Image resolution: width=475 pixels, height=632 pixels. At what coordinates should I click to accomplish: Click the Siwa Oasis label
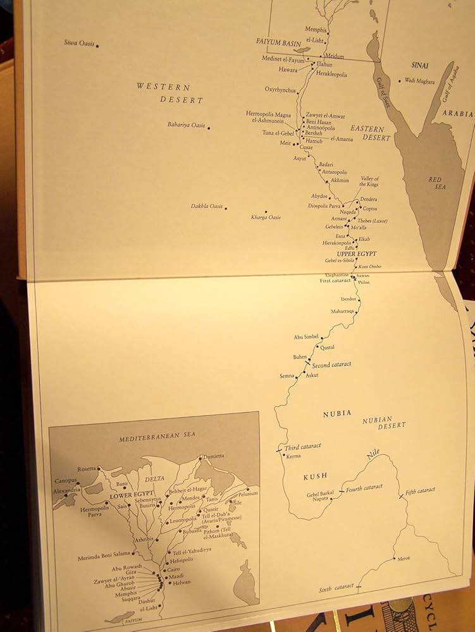point(78,42)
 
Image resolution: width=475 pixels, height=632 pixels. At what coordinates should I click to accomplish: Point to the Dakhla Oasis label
point(207,206)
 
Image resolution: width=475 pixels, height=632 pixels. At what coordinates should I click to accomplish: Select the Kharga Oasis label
point(266,217)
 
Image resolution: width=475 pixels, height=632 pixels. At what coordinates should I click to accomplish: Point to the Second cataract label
point(331,365)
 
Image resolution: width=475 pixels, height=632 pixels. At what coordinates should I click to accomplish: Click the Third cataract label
point(303,446)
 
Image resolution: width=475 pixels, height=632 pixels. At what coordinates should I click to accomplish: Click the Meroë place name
point(403,559)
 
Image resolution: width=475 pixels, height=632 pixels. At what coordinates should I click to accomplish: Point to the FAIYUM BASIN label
point(277,41)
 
